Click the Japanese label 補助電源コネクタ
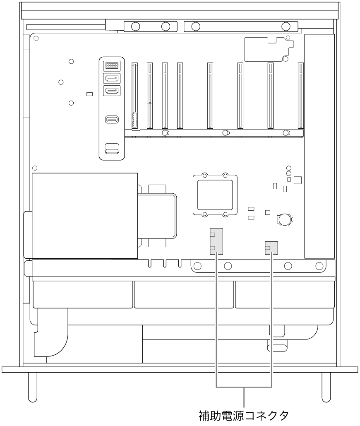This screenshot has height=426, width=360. (244, 416)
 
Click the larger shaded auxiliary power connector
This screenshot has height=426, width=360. (216, 241)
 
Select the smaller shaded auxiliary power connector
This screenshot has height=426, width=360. (271, 248)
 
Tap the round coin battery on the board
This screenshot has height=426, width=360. (285, 219)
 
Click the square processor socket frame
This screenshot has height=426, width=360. (215, 195)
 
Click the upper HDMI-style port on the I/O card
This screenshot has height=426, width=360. (112, 79)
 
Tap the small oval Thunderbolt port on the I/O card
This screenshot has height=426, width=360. (112, 119)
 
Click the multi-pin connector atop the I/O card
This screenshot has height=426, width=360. (112, 65)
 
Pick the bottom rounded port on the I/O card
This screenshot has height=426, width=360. (112, 149)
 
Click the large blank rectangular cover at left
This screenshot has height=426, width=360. (85, 216)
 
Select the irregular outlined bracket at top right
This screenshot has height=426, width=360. (269, 49)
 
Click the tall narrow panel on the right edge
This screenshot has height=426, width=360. (319, 146)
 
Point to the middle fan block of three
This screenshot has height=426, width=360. (184, 294)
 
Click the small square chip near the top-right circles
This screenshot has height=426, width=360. (298, 180)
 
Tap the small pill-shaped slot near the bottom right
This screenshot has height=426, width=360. (277, 348)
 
